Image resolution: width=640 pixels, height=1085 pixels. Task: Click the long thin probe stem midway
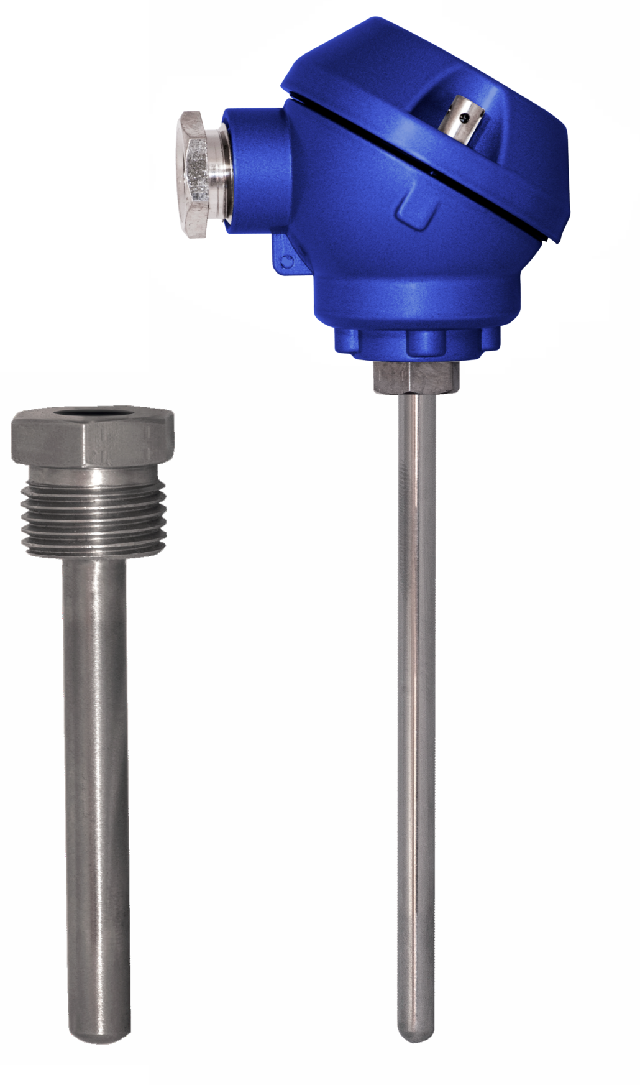click(x=416, y=715)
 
